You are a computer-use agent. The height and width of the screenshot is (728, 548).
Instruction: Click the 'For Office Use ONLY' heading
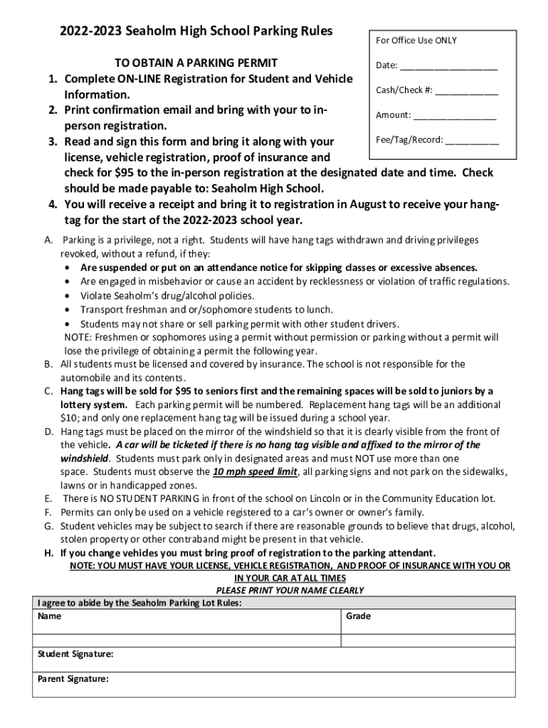pyautogui.click(x=416, y=41)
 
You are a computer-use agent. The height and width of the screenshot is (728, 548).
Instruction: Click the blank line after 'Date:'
pyautogui.click(x=448, y=67)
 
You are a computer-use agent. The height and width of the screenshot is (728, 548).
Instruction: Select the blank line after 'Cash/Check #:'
pyautogui.click(x=467, y=92)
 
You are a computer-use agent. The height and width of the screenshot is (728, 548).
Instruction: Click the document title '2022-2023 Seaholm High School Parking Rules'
pyautogui.click(x=186, y=31)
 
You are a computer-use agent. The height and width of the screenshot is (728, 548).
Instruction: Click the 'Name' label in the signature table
pyautogui.click(x=49, y=616)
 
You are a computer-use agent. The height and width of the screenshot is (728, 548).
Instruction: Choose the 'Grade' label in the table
pyautogui.click(x=358, y=616)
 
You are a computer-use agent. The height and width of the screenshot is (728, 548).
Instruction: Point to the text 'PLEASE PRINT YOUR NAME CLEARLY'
pyautogui.click(x=290, y=591)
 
